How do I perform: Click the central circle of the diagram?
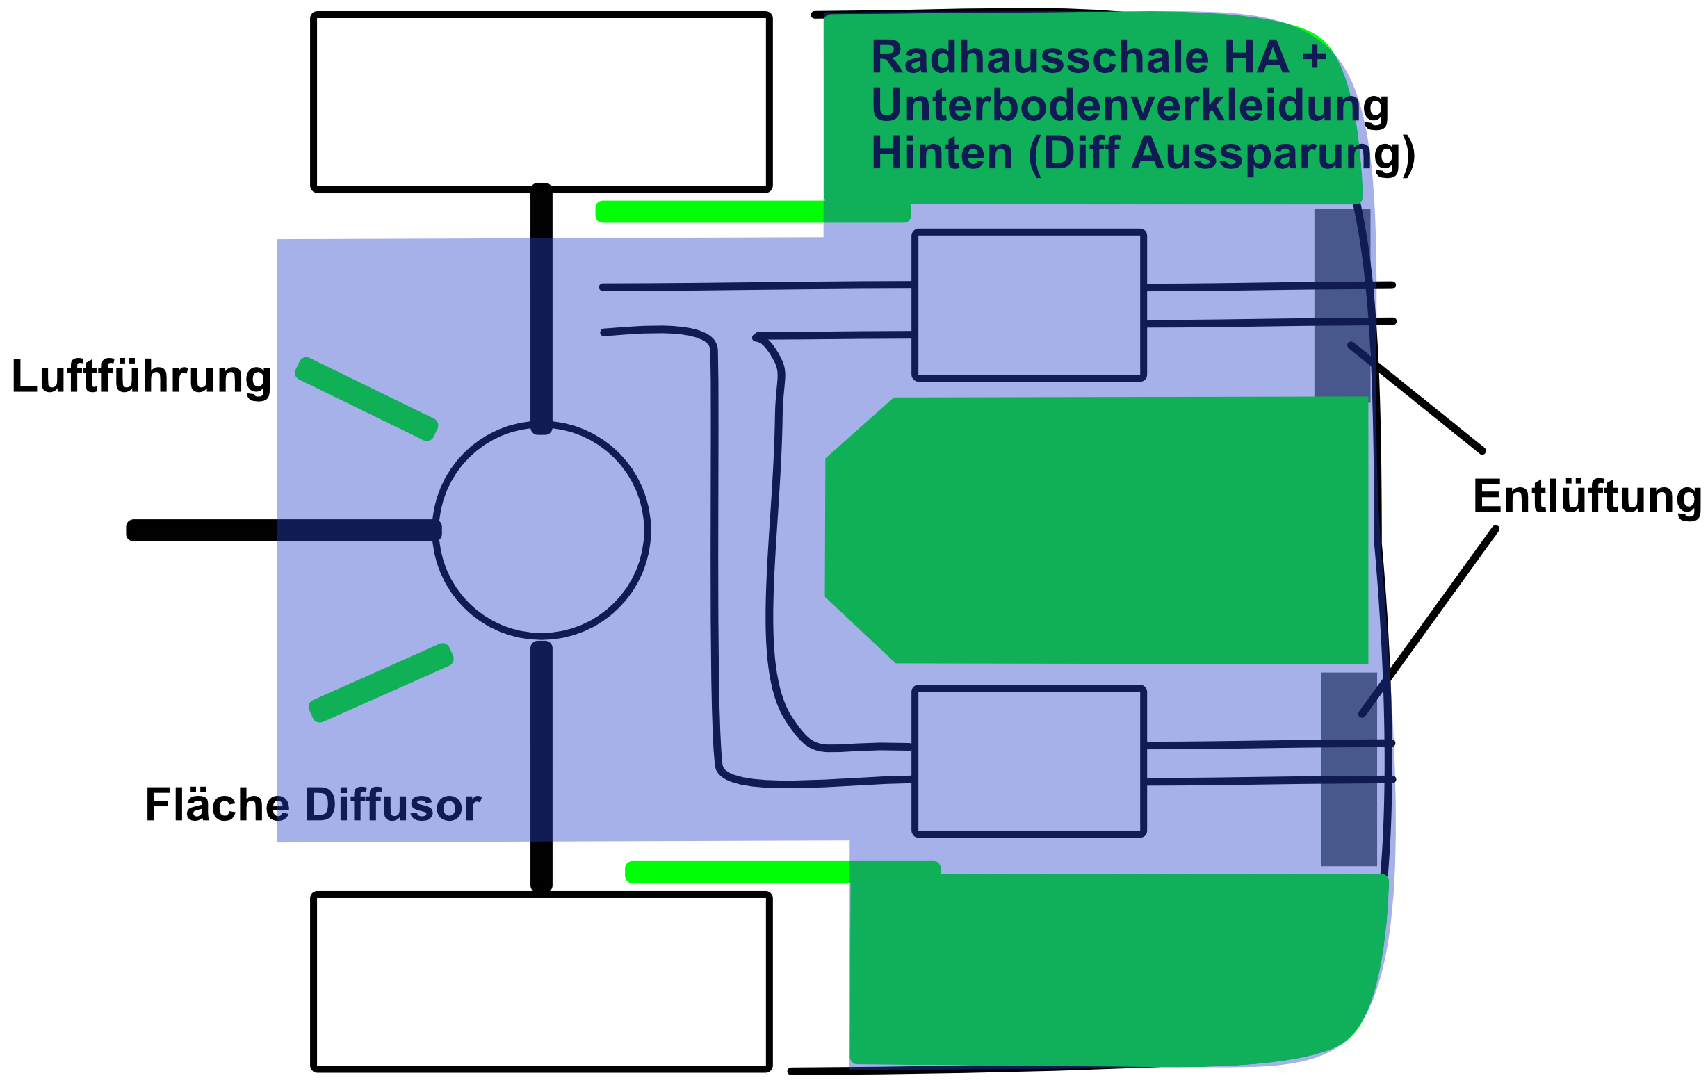542,530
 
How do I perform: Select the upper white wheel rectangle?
542,101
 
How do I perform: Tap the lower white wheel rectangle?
542,981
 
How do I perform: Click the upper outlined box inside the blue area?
1029,305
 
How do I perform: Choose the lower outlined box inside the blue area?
1029,761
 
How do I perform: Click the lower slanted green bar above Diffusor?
381,683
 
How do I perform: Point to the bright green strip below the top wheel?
709,211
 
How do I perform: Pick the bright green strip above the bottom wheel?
738,872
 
